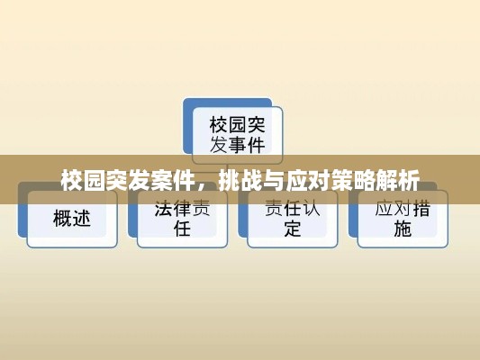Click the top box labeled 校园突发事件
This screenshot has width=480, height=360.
(x=237, y=135)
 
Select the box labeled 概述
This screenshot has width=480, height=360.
(x=72, y=219)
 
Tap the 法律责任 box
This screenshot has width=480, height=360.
(x=183, y=219)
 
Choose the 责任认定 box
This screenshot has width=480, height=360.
(x=293, y=219)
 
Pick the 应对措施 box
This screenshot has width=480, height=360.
(x=403, y=219)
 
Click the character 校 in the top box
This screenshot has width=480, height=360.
(x=219, y=125)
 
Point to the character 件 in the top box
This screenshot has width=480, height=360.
(x=256, y=145)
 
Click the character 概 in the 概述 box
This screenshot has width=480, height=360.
(x=63, y=219)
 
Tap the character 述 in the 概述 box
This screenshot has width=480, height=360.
(x=81, y=219)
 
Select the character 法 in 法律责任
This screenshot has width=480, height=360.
(x=164, y=209)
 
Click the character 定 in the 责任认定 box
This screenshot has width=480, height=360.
(x=293, y=229)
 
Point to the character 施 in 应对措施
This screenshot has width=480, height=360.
(x=403, y=229)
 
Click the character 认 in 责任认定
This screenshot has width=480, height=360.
(x=311, y=209)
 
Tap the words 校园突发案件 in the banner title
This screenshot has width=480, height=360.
(x=128, y=180)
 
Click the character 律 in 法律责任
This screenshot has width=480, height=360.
(x=183, y=209)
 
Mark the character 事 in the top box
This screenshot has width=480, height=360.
(x=238, y=145)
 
